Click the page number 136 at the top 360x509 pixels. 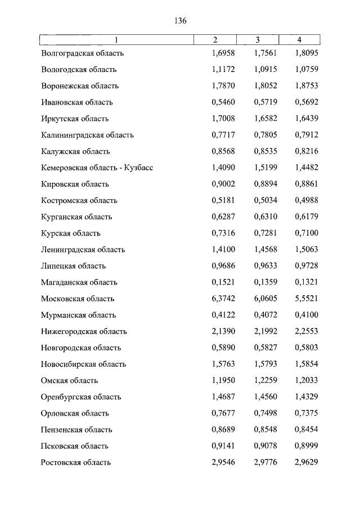click(x=180, y=21)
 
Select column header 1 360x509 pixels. click(x=116, y=39)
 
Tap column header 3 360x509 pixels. click(x=257, y=39)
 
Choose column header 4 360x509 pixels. click(x=299, y=39)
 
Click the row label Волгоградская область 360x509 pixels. click(x=82, y=53)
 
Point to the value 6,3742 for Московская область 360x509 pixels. click(x=223, y=299)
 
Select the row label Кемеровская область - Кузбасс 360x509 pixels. click(x=97, y=168)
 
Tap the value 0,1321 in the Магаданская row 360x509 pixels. click(x=306, y=282)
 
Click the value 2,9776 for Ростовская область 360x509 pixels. click(x=265, y=462)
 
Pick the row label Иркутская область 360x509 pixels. click(x=75, y=119)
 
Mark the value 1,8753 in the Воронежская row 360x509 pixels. click(x=306, y=86)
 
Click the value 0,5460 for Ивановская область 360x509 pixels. click(x=223, y=102)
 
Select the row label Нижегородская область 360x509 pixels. click(x=84, y=331)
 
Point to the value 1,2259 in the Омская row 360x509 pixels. click(x=265, y=380)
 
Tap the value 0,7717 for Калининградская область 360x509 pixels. click(x=223, y=135)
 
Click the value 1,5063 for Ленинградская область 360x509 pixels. click(x=306, y=250)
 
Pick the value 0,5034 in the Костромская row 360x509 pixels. click(x=265, y=200)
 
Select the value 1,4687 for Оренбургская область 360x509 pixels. click(x=223, y=397)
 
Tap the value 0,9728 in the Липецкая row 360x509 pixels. click(x=306, y=266)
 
